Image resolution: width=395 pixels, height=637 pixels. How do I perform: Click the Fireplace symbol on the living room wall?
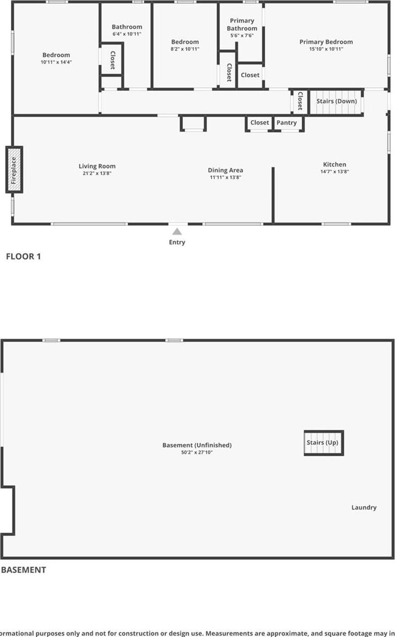(14, 170)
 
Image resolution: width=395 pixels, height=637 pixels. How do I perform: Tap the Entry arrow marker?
(177, 232)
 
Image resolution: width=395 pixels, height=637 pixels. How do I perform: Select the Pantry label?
(286, 123)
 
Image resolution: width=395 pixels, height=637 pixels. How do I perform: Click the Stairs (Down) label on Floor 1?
(336, 101)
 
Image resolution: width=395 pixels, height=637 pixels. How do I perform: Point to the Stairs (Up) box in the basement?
(323, 443)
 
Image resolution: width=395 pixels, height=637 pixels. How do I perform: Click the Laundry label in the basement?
(364, 507)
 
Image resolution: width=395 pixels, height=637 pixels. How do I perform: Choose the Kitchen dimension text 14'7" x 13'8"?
(334, 172)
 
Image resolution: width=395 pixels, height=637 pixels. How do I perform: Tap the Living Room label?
(97, 166)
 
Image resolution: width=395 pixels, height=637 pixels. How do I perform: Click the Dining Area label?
(225, 170)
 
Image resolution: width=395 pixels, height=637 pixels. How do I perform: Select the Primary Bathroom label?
(242, 25)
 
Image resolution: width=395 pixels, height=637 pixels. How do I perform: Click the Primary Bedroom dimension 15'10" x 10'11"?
(325, 49)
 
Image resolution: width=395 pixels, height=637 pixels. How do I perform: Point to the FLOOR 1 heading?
(23, 256)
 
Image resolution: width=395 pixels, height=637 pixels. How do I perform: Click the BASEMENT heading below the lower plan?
(24, 570)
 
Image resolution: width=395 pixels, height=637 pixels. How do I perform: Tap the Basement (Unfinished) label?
(197, 445)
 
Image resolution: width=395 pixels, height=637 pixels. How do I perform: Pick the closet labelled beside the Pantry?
(259, 123)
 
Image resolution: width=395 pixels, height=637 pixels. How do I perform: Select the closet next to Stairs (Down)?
(299, 101)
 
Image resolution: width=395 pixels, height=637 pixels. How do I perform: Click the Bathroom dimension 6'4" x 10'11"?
(127, 34)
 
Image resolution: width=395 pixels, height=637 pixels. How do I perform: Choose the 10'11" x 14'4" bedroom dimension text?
(56, 62)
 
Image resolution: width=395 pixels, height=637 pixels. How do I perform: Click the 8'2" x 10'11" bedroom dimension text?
(185, 49)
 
